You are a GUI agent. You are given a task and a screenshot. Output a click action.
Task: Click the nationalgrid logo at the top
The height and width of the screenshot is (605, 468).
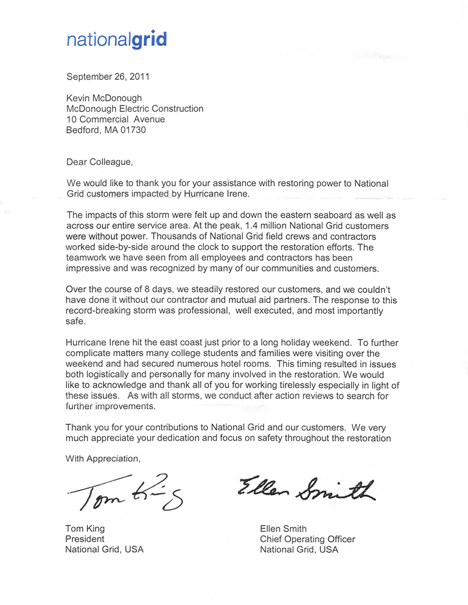(116, 40)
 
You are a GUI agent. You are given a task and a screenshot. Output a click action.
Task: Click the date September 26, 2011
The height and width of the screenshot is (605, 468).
(108, 76)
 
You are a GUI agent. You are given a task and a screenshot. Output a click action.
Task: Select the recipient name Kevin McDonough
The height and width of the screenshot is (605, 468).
(104, 98)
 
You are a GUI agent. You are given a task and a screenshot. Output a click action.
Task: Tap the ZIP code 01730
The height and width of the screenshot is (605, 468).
(133, 130)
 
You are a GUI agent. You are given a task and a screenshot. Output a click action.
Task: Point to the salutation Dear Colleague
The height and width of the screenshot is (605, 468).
(99, 162)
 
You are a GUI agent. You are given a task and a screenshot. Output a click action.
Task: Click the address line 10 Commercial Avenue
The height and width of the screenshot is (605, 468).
(115, 119)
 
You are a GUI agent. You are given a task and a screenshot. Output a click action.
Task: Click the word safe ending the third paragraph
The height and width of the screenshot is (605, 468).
(75, 321)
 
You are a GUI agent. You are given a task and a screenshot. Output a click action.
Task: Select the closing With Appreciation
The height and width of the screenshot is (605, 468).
(102, 458)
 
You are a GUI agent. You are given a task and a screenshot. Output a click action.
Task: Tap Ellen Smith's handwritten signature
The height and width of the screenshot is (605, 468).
(306, 489)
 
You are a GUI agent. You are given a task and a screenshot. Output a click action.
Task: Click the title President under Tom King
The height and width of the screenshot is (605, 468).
(85, 539)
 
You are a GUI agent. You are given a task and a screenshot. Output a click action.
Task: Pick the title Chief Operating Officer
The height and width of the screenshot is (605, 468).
(307, 539)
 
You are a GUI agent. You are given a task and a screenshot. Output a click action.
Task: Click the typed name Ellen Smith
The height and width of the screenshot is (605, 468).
(283, 529)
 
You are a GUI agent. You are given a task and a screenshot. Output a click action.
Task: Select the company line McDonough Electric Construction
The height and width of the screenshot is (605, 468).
(135, 109)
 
